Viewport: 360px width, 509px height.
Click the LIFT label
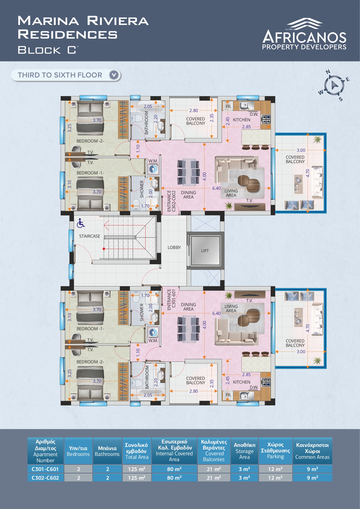[x=205, y=251]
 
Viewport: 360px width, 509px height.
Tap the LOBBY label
[x=174, y=248]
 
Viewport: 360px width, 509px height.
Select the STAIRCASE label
[x=90, y=236]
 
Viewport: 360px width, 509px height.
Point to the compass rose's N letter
[x=328, y=72]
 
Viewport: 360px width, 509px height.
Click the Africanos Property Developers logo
[x=304, y=34]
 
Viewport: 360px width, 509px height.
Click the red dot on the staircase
[x=104, y=249]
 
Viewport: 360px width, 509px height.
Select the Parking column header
[x=275, y=451]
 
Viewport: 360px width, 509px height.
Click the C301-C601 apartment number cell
[x=45, y=469]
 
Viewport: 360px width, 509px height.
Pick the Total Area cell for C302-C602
[x=137, y=478]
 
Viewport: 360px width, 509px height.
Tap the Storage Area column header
[x=245, y=451]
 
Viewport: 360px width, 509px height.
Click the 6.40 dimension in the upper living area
[x=216, y=188]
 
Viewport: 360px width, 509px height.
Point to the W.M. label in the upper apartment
[x=153, y=161]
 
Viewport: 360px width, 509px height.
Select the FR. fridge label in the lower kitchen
[x=229, y=395]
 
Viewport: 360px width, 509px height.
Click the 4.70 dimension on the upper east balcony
[x=308, y=173]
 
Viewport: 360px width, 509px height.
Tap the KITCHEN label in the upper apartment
[x=242, y=120]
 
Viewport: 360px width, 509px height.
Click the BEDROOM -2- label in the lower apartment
[x=90, y=362]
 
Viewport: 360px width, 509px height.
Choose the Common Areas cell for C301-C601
[x=312, y=469]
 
